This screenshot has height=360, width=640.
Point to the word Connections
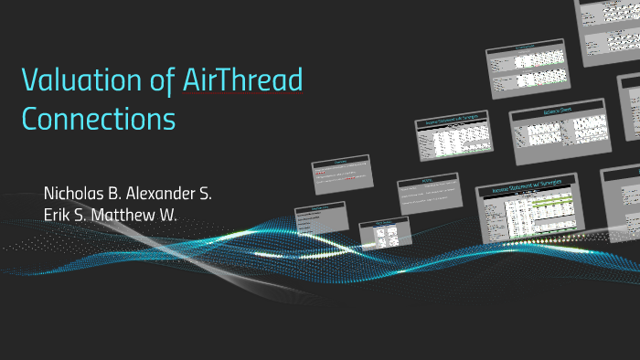click(x=99, y=119)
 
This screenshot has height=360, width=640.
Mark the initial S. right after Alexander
click(x=214, y=195)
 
